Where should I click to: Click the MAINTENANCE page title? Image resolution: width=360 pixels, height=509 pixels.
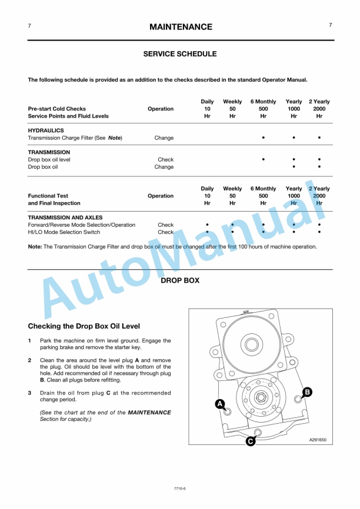(181, 27)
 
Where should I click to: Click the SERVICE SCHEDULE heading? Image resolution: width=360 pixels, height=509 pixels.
(180, 54)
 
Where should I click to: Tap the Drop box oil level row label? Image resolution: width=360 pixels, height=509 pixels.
(49, 159)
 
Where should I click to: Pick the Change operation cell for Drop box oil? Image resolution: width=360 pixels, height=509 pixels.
(164, 167)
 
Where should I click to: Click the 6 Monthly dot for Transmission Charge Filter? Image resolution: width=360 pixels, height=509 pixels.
(263, 138)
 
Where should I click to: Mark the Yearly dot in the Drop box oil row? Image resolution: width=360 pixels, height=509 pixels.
(294, 167)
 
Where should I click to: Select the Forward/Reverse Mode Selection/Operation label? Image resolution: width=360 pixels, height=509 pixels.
(82, 225)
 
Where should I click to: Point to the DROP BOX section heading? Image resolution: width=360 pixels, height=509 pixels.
(180, 281)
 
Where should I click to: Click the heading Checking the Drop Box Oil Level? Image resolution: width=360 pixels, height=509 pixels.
(84, 326)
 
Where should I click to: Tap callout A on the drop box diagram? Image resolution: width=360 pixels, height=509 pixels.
(219, 404)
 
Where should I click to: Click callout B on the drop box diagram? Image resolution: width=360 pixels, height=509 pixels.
(307, 391)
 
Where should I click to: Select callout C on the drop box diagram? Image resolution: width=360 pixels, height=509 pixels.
(251, 441)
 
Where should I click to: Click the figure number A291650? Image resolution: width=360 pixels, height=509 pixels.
(317, 440)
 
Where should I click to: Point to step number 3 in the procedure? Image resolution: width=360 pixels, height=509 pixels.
(30, 393)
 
